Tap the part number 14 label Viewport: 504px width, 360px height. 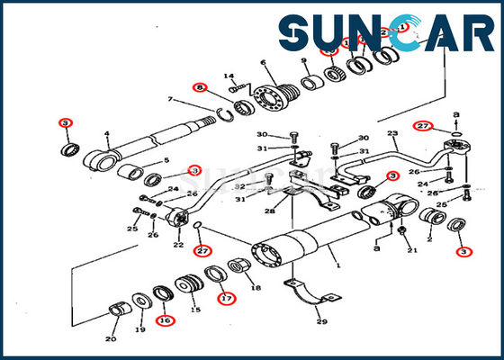(x=229, y=76)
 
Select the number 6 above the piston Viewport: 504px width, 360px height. (x=264, y=62)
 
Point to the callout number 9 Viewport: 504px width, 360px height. (x=304, y=61)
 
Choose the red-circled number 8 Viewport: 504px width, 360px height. (x=199, y=87)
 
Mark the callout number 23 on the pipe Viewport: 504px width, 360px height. (x=392, y=134)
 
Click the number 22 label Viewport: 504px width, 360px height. (x=178, y=245)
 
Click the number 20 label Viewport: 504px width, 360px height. (x=110, y=338)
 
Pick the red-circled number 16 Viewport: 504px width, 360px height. (x=164, y=319)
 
